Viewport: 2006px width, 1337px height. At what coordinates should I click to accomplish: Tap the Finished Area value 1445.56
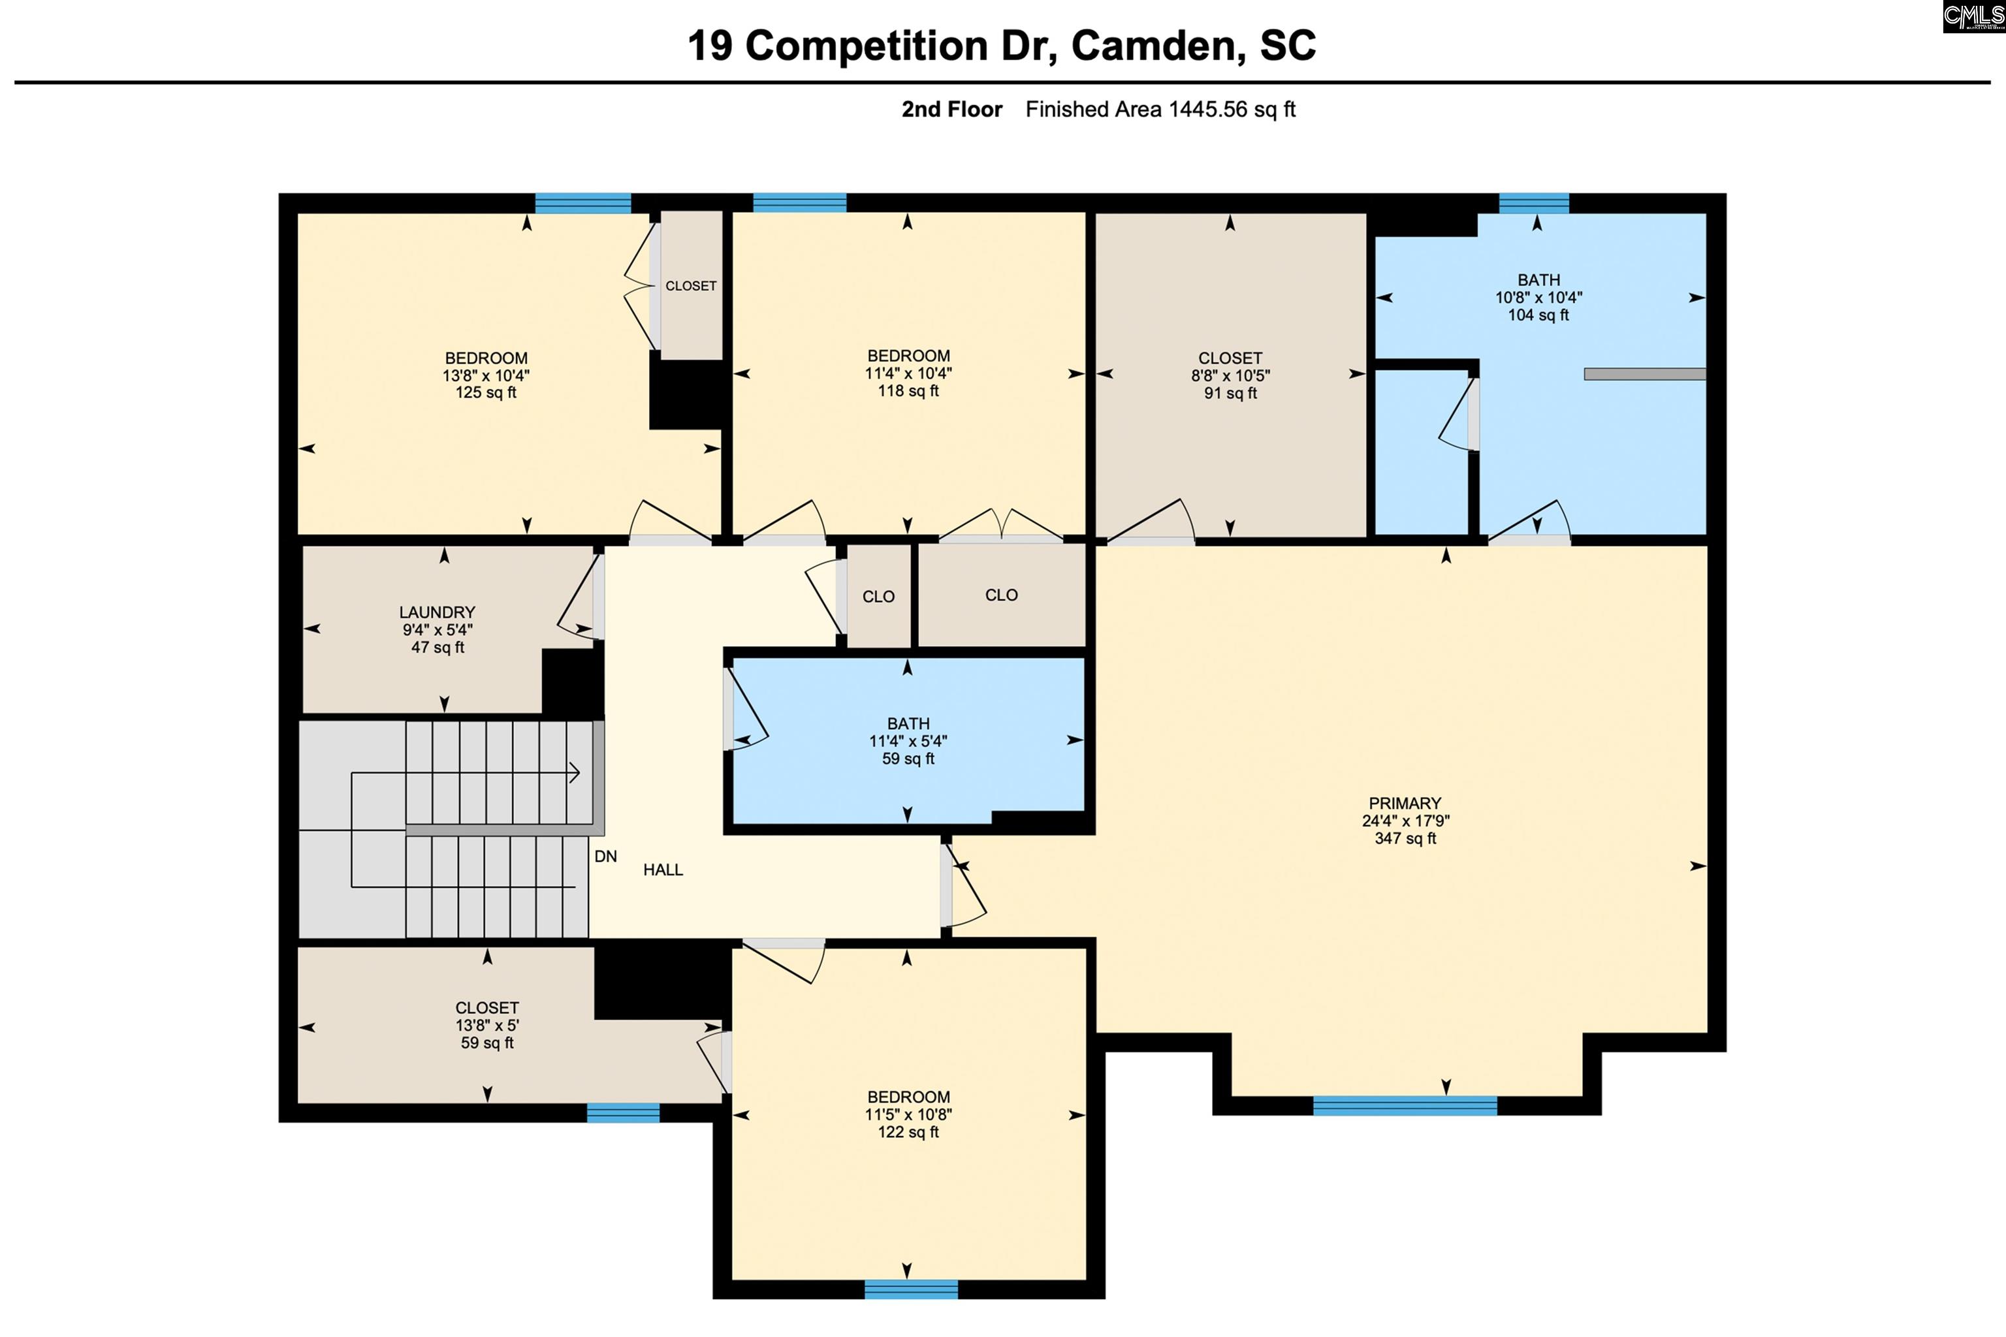pos(1207,109)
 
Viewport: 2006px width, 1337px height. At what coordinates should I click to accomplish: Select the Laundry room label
pos(437,612)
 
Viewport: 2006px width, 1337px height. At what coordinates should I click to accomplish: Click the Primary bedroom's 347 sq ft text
pos(1405,838)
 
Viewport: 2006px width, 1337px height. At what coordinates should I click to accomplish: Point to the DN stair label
pos(605,856)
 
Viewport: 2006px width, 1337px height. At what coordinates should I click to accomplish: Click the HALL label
pos(663,870)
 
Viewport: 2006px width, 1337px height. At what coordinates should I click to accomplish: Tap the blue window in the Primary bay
pos(1405,1105)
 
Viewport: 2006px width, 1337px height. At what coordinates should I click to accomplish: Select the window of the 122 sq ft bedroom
pos(911,1289)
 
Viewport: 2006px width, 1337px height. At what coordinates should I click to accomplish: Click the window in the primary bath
pos(1533,203)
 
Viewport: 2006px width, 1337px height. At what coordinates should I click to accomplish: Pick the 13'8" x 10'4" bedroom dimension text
pos(485,375)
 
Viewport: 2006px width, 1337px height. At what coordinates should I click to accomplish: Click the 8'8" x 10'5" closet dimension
pos(1230,375)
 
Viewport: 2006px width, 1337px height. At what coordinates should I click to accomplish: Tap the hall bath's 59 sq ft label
pos(908,759)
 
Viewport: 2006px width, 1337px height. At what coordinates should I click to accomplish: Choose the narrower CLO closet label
pos(878,597)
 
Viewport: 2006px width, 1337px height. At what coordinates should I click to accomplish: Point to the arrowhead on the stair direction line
pos(575,774)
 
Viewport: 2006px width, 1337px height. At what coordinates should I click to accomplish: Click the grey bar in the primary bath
pos(1644,373)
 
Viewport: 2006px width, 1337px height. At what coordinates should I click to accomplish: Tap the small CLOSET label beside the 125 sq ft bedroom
pos(691,286)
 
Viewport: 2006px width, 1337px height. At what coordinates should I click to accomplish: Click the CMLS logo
pos(1973,17)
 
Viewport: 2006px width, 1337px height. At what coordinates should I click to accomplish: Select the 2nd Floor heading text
pos(952,109)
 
